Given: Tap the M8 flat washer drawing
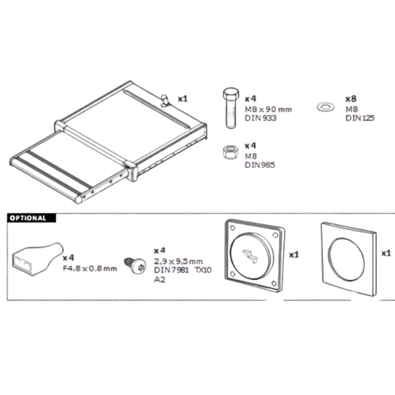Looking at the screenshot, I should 325,106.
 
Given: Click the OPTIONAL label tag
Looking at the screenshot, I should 28,218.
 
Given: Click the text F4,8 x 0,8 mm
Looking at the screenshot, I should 90,268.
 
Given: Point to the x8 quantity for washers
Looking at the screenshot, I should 351,98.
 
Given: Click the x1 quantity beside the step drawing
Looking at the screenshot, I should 182,99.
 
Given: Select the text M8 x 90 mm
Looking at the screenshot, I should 268,109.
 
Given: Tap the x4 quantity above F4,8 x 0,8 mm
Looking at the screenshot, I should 68,257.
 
